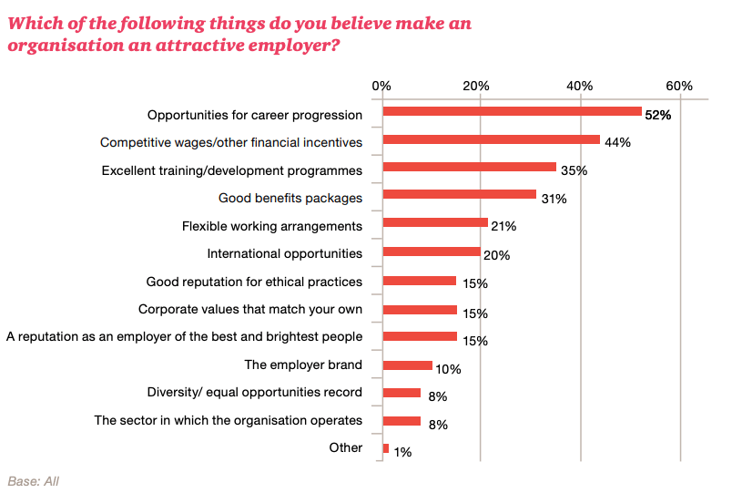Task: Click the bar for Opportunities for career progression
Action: [513, 111]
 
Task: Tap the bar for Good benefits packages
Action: [460, 194]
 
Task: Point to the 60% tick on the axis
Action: [679, 86]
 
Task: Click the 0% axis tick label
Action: [382, 86]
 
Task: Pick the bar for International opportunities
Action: [432, 252]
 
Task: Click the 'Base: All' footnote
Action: [33, 480]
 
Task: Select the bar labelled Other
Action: [386, 448]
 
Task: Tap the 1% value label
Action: [401, 452]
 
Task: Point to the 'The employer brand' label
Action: [303, 365]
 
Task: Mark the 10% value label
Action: [448, 369]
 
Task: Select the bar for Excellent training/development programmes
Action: [470, 167]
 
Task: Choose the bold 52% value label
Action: [657, 116]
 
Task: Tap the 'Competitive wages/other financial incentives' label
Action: [231, 143]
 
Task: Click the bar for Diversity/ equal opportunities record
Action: [402, 393]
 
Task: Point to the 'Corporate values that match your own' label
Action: [250, 309]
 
